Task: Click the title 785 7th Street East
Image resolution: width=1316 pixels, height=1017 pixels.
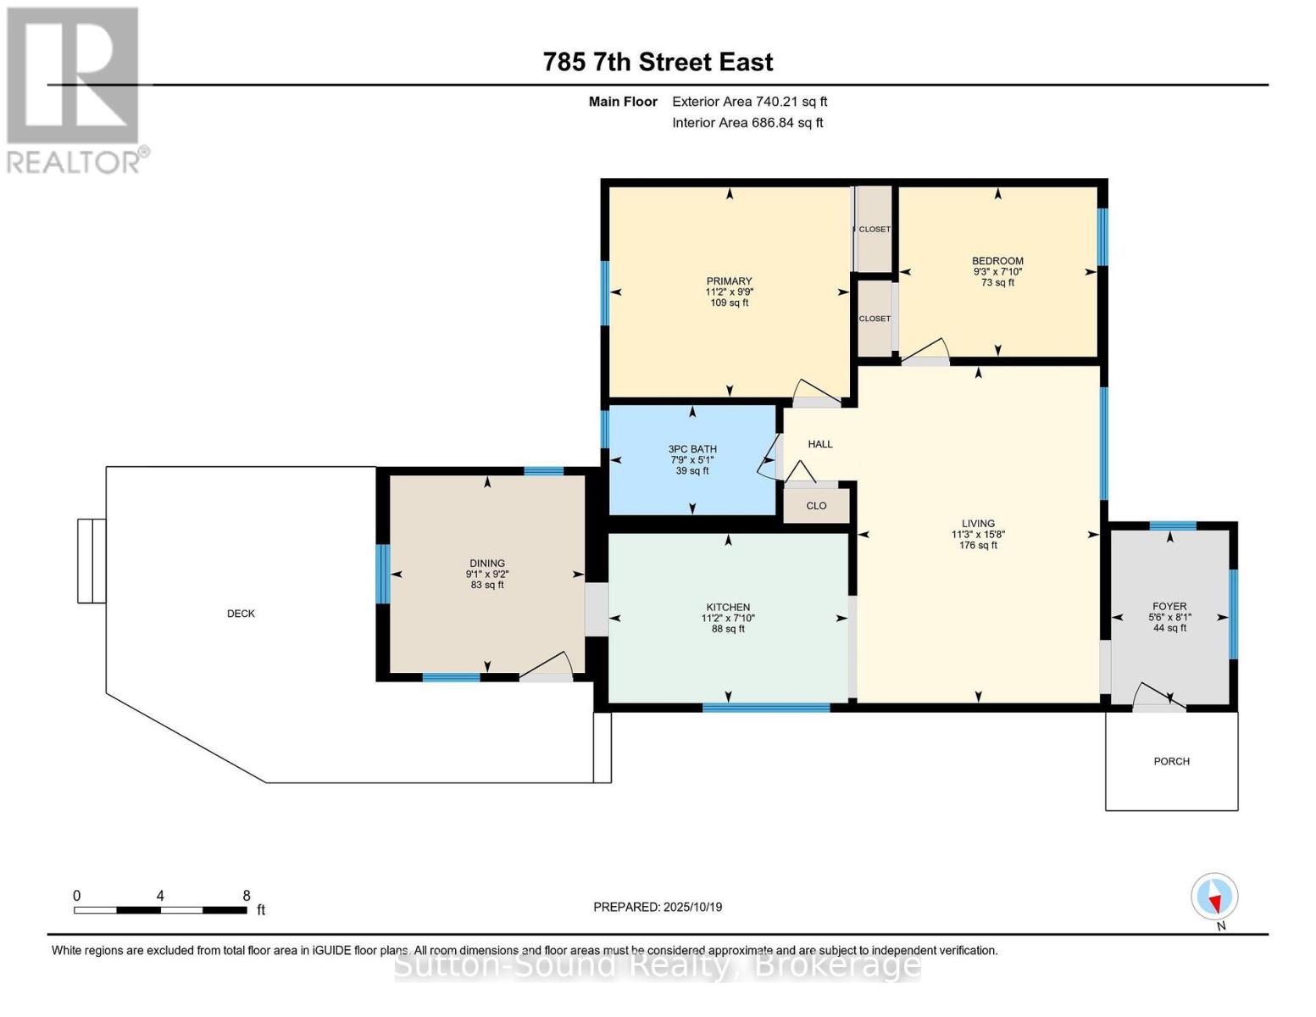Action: pyautogui.click(x=658, y=63)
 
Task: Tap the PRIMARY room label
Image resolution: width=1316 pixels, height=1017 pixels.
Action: pyautogui.click(x=729, y=281)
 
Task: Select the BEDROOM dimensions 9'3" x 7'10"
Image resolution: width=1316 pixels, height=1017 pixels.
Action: pyautogui.click(x=997, y=272)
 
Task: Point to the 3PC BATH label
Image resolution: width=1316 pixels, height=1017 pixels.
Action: pyautogui.click(x=692, y=449)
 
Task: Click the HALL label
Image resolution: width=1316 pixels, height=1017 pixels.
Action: pyautogui.click(x=820, y=444)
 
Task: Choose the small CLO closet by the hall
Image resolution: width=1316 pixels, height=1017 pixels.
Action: pyautogui.click(x=816, y=505)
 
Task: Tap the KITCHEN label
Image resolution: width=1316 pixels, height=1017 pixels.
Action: pyautogui.click(x=728, y=607)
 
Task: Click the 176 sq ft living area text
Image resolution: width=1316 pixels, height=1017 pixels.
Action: pyautogui.click(x=978, y=545)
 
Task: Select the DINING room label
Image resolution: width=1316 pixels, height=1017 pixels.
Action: pyautogui.click(x=487, y=564)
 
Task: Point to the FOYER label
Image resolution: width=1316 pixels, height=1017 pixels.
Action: pyautogui.click(x=1169, y=606)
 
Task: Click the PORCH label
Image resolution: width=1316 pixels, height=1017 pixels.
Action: pyautogui.click(x=1171, y=761)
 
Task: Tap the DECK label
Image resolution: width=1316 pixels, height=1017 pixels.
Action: pyautogui.click(x=241, y=614)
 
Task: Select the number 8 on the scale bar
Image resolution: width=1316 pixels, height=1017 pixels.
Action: pyautogui.click(x=247, y=895)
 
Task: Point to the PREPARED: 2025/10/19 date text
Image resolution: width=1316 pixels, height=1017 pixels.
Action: pyautogui.click(x=658, y=907)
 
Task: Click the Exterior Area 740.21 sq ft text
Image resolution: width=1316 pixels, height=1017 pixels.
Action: pyautogui.click(x=749, y=102)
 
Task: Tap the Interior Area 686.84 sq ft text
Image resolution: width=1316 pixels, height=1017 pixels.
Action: pyautogui.click(x=747, y=123)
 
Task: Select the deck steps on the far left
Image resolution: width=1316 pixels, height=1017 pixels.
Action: pyautogui.click(x=92, y=561)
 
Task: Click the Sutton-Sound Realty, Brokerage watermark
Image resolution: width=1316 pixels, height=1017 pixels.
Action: pyautogui.click(x=658, y=966)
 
